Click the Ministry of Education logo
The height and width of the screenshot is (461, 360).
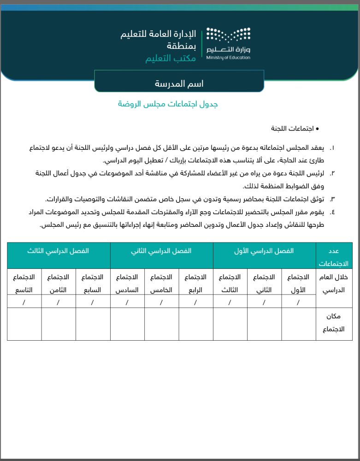point(228,44)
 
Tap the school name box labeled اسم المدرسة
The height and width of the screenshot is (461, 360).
point(179,83)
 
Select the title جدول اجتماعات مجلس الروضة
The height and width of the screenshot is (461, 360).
point(168,104)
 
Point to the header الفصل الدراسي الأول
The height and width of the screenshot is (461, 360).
point(264,251)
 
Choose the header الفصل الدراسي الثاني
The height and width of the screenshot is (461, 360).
point(161,251)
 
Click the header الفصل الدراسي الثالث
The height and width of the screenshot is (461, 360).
point(59,251)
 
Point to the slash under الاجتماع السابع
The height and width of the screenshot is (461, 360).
point(93,302)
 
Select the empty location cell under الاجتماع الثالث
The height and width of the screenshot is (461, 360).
point(230,324)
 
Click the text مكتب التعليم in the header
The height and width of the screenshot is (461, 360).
point(171,59)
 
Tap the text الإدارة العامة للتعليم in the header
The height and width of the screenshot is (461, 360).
point(158,34)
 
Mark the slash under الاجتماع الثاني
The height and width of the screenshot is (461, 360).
point(264,302)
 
